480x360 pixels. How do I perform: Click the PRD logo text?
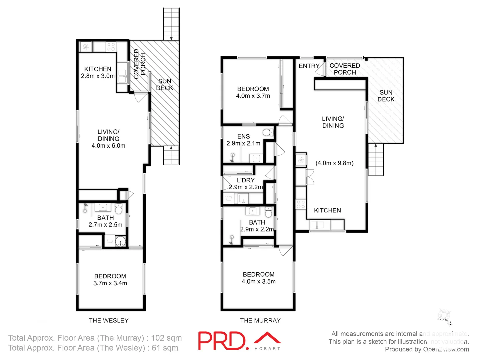tap(223, 341)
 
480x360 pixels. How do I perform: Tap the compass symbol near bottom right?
tap(445, 316)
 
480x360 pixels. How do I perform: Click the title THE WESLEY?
tap(109, 320)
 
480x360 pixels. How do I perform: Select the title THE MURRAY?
tap(260, 320)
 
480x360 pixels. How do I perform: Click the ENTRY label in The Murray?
tap(309, 66)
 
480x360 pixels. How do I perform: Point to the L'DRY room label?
tap(246, 180)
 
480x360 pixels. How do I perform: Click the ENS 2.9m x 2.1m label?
tap(243, 140)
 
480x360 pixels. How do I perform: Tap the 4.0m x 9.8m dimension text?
tap(334, 163)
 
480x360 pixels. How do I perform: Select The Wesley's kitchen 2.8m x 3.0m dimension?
tap(98, 76)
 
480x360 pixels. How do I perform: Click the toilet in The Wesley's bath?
tap(118, 209)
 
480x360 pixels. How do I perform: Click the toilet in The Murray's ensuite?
tap(267, 132)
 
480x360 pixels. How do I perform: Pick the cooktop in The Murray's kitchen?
tap(301, 204)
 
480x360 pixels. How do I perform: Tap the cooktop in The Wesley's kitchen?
tap(111, 47)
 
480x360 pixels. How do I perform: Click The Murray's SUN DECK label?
tap(386, 96)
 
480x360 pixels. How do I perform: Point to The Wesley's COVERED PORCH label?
tap(139, 64)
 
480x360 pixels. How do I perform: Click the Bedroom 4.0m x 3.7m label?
tap(253, 92)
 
